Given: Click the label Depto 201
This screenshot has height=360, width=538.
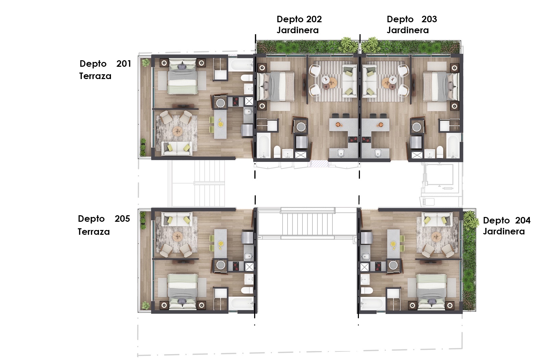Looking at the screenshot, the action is [105, 64].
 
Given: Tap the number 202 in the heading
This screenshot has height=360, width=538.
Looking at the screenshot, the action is [312, 19].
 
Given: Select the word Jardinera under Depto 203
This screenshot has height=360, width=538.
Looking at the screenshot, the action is [408, 30].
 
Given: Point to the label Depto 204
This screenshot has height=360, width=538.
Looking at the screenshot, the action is [507, 220].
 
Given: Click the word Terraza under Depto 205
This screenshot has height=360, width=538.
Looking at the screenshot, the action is [94, 232].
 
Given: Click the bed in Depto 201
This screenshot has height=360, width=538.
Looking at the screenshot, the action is [183, 77].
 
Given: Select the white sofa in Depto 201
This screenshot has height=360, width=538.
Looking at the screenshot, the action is [177, 148].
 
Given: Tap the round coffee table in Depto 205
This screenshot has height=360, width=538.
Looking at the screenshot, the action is [178, 237].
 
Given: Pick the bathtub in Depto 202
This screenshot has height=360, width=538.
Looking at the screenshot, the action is [264, 145].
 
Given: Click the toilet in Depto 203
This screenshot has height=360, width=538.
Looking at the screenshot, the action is [440, 152].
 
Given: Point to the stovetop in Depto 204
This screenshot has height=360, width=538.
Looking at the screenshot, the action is [378, 266].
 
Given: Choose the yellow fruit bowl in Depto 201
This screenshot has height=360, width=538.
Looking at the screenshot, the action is [221, 124].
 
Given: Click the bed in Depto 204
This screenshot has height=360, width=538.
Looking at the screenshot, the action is [431, 292].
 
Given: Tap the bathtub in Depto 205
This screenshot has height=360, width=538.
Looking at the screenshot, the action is [241, 304].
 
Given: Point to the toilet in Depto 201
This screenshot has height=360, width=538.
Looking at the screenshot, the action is [247, 78].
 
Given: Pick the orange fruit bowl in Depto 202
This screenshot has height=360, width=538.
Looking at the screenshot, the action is [338, 124].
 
